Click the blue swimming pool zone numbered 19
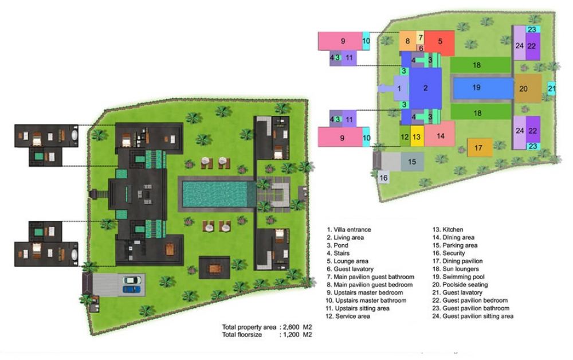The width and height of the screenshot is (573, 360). (483, 88)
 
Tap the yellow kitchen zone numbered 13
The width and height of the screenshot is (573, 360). (417, 136)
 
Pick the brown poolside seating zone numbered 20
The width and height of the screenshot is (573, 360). (528, 88)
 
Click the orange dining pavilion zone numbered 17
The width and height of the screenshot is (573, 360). (480, 148)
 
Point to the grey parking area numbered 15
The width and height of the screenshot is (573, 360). (412, 162)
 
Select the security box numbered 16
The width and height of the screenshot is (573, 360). (383, 178)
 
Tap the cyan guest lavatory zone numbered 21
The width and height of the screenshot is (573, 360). (551, 88)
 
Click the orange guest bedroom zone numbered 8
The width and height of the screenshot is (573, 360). (407, 41)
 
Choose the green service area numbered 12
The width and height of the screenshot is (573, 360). (405, 136)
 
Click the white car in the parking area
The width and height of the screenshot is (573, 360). (131, 280)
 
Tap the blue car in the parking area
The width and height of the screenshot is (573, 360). (131, 289)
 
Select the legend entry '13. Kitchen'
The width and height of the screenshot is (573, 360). (448, 229)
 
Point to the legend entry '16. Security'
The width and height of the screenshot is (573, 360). (449, 253)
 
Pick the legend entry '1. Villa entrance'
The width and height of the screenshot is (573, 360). (349, 229)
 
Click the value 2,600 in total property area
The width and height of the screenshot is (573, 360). (292, 327)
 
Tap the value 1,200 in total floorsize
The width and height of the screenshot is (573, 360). (292, 334)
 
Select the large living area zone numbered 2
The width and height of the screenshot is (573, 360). (425, 88)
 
